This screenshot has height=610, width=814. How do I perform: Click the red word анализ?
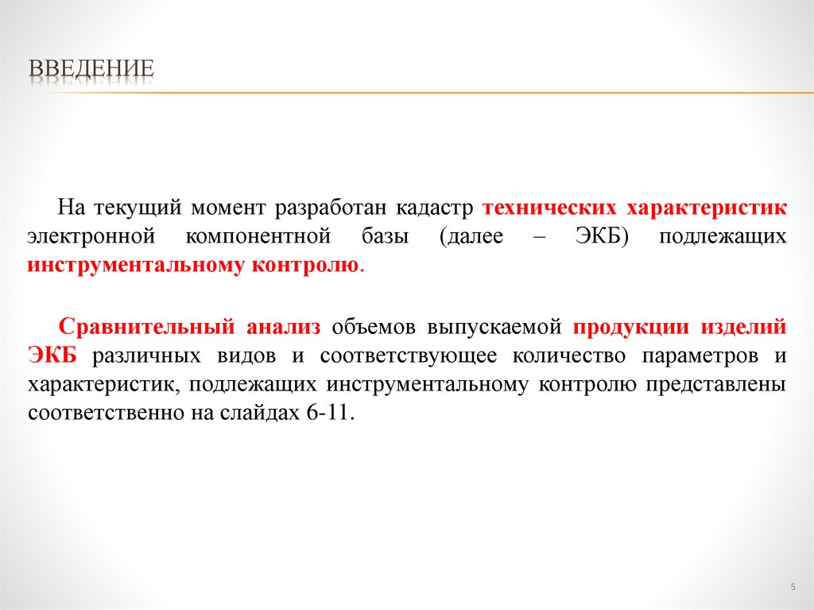[283, 327]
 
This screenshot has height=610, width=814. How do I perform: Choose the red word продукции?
[631, 327]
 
